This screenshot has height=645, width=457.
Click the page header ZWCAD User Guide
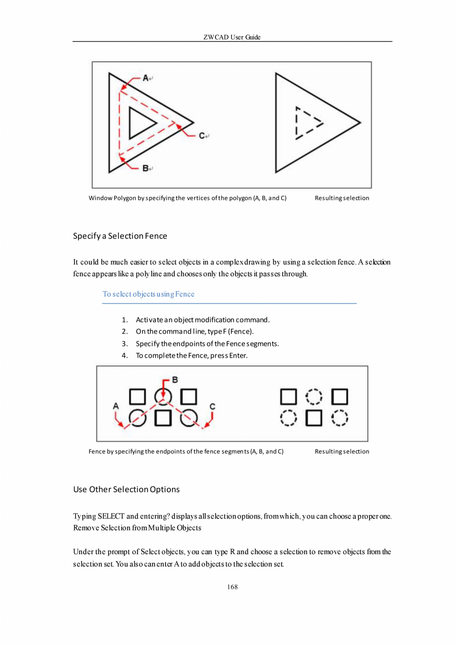pyautogui.click(x=232, y=37)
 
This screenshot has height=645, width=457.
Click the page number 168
pyautogui.click(x=232, y=587)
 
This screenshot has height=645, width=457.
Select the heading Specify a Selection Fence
pyautogui.click(x=120, y=236)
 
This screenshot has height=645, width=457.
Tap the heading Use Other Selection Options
pyautogui.click(x=126, y=489)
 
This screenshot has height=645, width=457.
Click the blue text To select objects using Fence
pyautogui.click(x=149, y=294)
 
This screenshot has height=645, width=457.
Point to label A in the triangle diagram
pyautogui.click(x=146, y=77)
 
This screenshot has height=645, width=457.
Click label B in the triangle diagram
pyautogui.click(x=146, y=168)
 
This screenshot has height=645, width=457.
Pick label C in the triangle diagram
pyautogui.click(x=202, y=135)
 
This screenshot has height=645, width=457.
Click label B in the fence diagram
pyautogui.click(x=174, y=380)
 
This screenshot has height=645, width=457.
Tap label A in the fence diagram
pyautogui.click(x=116, y=405)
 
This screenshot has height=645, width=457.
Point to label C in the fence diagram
pyautogui.click(x=212, y=406)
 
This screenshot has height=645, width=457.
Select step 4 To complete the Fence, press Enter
pyautogui.click(x=191, y=355)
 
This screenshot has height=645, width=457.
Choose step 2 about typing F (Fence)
pyautogui.click(x=195, y=331)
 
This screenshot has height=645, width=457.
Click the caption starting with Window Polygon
pyautogui.click(x=187, y=198)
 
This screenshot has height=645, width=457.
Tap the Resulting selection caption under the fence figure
pyautogui.click(x=342, y=451)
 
